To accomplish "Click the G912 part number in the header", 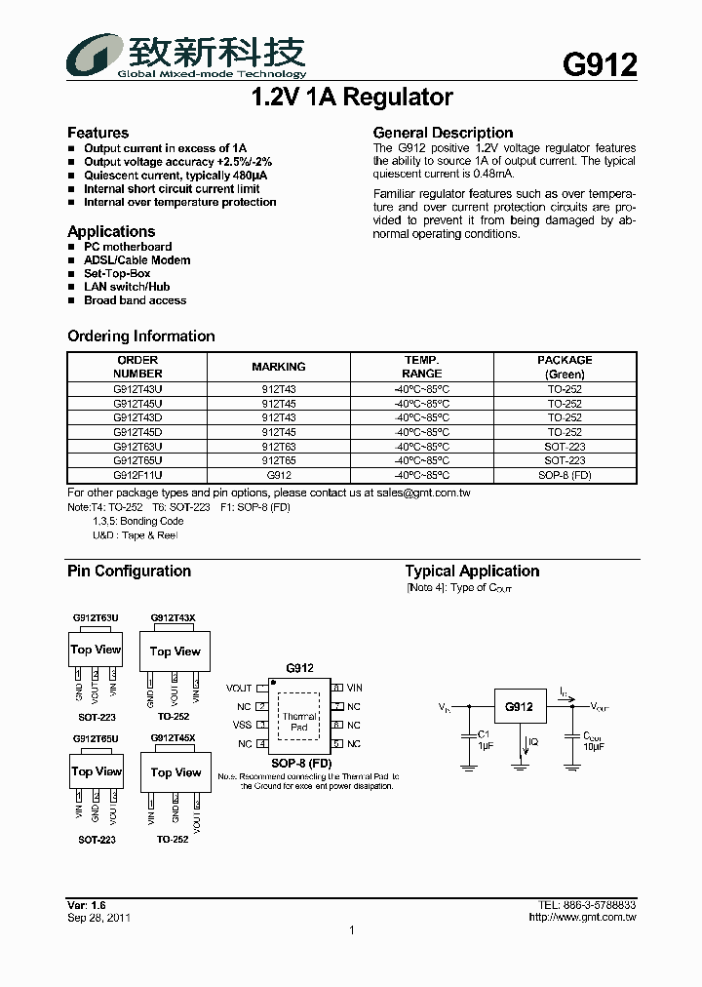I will click(x=600, y=64).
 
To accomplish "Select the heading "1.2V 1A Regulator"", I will click(x=351, y=98).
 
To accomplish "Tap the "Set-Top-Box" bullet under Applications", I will click(x=117, y=274).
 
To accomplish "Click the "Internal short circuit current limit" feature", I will click(x=172, y=189).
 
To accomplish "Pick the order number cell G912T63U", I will click(x=137, y=446).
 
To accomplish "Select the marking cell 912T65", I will click(x=279, y=460).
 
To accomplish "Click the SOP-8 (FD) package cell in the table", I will click(x=565, y=475).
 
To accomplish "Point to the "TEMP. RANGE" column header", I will click(x=421, y=367).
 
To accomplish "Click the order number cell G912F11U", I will click(x=137, y=475).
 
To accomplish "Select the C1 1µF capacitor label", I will click(x=485, y=738).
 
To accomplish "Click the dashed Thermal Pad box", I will click(x=299, y=722).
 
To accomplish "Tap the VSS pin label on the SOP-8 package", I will click(x=241, y=725).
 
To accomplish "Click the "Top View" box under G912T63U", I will click(x=96, y=650).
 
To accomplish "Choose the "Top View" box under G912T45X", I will click(x=175, y=772).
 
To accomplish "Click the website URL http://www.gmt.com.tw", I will click(x=582, y=918).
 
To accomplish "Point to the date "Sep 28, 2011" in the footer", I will click(x=99, y=918).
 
